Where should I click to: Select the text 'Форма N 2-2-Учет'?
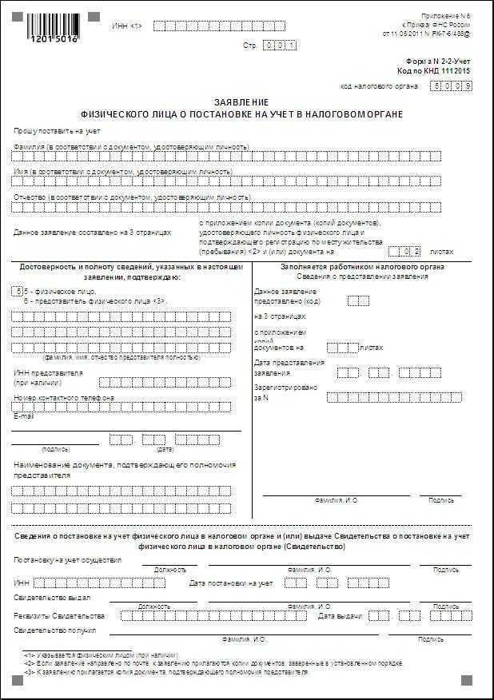tap(439, 61)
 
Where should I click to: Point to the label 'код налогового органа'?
tap(380, 86)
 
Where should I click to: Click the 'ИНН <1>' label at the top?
tap(127, 26)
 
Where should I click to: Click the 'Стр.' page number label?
tap(250, 46)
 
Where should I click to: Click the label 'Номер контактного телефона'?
tap(64, 398)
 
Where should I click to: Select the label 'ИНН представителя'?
tap(48, 373)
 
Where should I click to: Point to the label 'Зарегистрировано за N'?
tap(285, 392)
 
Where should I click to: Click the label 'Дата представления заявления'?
tap(289, 368)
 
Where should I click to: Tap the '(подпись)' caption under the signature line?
tap(55, 449)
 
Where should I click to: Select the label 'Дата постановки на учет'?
tap(231, 583)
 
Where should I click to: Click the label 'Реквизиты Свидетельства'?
tap(59, 616)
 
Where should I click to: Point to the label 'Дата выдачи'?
tap(340, 616)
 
